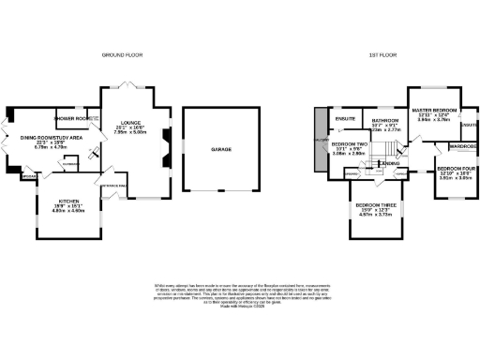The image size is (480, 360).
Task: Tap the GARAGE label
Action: [x=221, y=149]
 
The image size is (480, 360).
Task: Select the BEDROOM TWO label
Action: [x=348, y=143]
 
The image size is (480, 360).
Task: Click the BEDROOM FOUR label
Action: [x=455, y=169]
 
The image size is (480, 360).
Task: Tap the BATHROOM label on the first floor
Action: [x=386, y=121]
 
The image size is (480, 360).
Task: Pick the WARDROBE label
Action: [x=463, y=146]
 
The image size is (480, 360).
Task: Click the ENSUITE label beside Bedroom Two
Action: [x=346, y=119]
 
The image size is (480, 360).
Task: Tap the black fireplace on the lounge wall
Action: [x=165, y=140]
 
